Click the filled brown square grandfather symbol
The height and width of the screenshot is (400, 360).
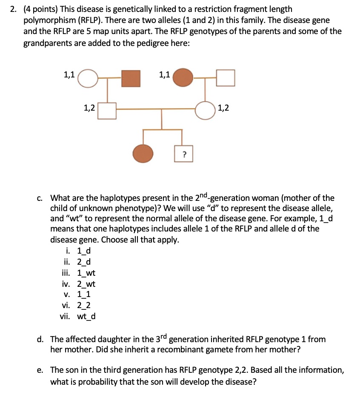pos(131,78)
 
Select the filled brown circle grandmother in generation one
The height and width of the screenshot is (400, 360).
pos(183,78)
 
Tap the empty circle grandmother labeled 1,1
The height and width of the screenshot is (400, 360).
pos(88,78)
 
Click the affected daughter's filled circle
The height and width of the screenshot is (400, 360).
pos(143,154)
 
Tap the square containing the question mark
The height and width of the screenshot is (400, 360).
pos(184,154)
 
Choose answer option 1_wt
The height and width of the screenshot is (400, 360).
pos(86,273)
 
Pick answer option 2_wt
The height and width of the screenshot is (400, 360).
pos(86,284)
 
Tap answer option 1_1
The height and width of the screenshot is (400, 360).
pos(83,294)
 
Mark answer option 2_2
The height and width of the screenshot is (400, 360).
pos(83,305)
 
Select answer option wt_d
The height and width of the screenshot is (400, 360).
pos(86,316)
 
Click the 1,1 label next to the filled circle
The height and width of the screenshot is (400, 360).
pos(165,75)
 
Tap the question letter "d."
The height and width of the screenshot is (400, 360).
pos(41,339)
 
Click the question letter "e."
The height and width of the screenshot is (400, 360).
pos(41,370)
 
